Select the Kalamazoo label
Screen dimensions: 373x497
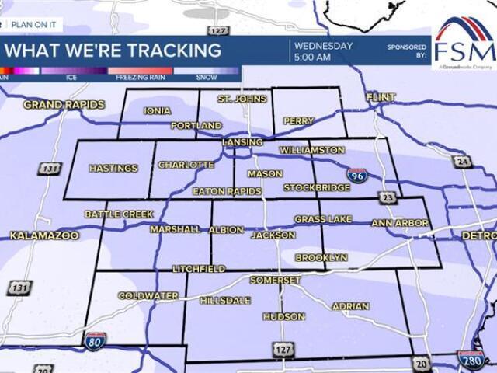click(x=44, y=235)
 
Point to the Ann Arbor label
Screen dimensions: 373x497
click(x=400, y=223)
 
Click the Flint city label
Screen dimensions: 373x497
click(x=381, y=97)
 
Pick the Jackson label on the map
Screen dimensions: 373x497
click(x=273, y=235)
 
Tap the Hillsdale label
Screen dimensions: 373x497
click(x=225, y=300)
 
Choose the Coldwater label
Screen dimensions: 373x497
click(x=148, y=296)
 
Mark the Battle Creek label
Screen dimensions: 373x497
click(x=119, y=214)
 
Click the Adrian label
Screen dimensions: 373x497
click(x=350, y=306)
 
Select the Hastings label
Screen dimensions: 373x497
click(x=113, y=168)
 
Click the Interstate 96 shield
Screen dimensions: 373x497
click(x=357, y=176)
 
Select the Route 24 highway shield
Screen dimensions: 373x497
click(x=464, y=162)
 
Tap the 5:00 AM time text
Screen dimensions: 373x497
click(x=312, y=58)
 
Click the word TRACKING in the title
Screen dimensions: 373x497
click(x=165, y=51)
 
